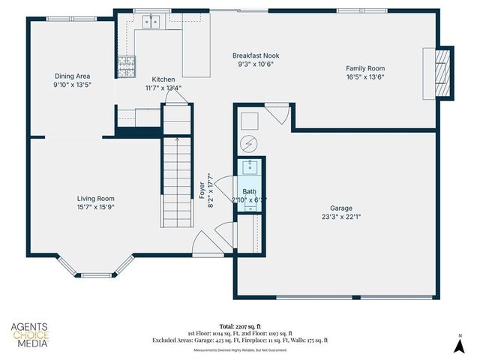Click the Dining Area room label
(72, 76)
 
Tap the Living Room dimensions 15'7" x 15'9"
(95, 207)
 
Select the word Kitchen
(163, 79)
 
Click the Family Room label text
(365, 68)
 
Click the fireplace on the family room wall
(439, 73)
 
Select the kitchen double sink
(150, 22)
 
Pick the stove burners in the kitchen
(125, 67)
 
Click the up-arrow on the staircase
(177, 140)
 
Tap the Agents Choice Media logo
(29, 335)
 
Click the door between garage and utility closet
(277, 115)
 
